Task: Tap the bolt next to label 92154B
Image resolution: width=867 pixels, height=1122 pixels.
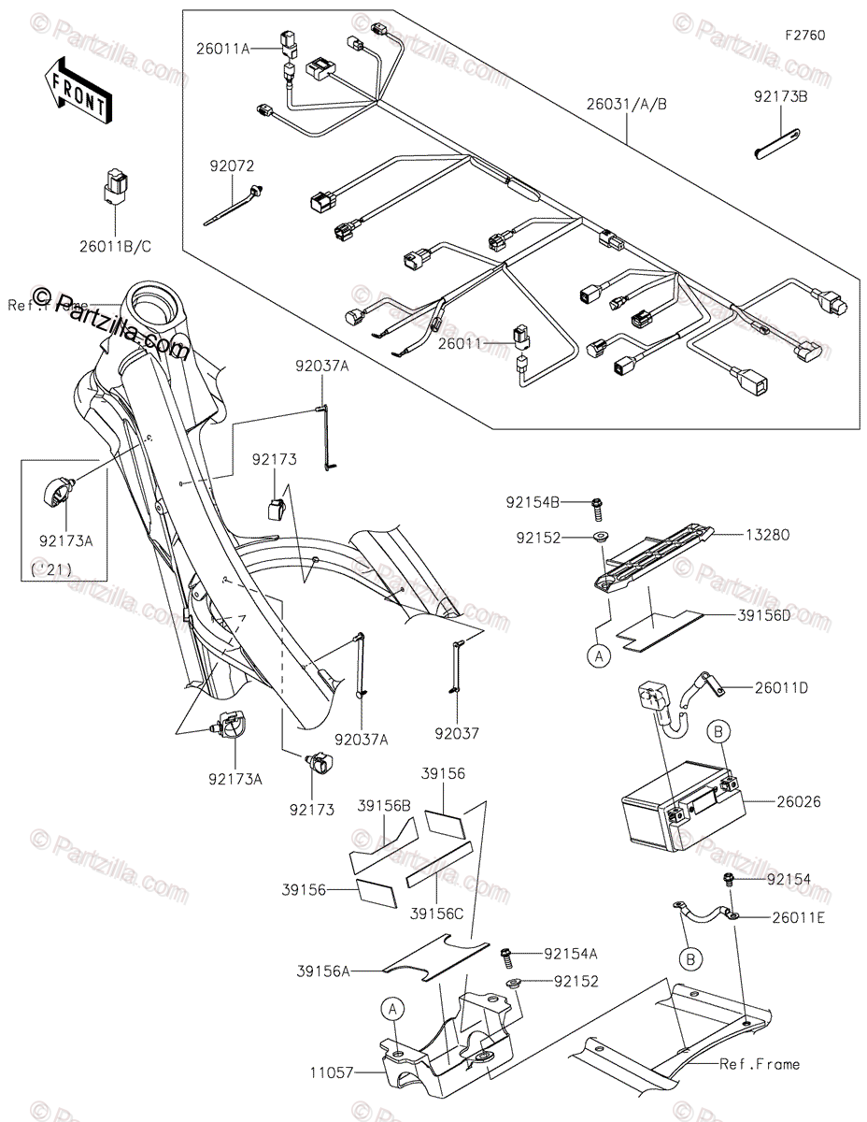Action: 598,508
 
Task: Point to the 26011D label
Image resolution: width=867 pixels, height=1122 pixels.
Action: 782,688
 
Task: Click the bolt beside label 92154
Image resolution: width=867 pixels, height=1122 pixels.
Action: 728,878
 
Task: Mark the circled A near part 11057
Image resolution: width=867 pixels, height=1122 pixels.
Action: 393,1008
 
